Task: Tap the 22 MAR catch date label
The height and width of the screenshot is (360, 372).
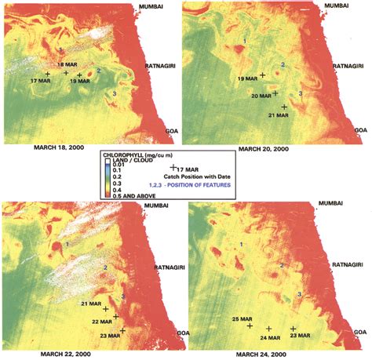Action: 100,320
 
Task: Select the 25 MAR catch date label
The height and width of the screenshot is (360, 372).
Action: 242,318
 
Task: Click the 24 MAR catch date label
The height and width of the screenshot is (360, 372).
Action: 269,336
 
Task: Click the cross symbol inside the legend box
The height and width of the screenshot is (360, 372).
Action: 172,167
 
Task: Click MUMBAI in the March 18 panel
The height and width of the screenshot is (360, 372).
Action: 151,6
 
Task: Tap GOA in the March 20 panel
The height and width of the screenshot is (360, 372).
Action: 360,129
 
